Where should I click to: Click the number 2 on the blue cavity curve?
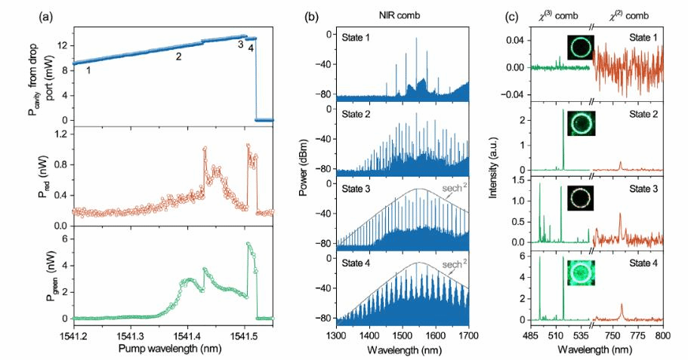[178, 57]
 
